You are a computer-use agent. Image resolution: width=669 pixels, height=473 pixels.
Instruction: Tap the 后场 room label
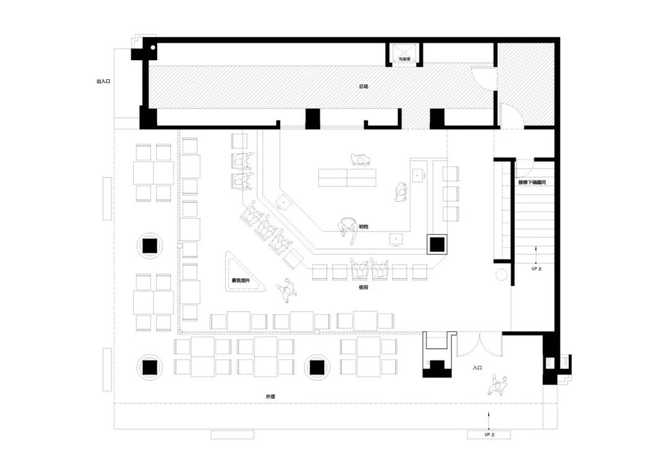(364, 87)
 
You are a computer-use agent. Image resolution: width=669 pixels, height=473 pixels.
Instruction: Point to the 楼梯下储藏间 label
(531, 182)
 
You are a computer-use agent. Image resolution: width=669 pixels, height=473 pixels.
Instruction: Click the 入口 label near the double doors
(477, 368)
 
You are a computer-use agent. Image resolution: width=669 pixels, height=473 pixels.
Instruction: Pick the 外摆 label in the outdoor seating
(271, 396)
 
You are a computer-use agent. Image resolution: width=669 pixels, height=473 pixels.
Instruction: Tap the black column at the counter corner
(437, 245)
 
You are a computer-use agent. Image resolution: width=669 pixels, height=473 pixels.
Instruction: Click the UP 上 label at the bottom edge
(490, 435)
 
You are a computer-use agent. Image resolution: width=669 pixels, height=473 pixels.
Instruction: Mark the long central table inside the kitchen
(347, 177)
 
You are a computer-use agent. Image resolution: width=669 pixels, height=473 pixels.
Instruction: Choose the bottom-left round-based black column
(150, 367)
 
